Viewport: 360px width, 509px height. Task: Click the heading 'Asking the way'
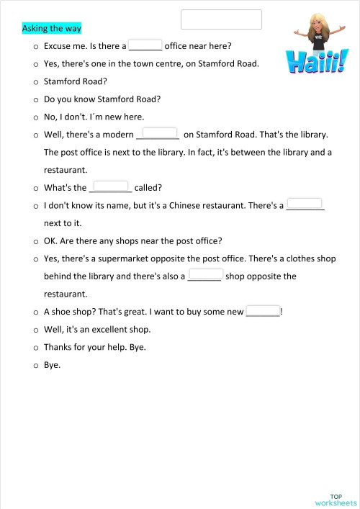(x=52, y=29)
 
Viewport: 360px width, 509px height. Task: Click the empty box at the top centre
(x=221, y=19)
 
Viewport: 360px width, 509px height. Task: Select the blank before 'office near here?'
(x=145, y=45)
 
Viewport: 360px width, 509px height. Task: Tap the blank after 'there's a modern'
(x=160, y=132)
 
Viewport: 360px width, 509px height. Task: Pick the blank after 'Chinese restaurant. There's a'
(x=305, y=204)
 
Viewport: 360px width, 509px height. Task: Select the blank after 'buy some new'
(x=263, y=310)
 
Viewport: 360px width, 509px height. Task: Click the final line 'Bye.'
(x=53, y=365)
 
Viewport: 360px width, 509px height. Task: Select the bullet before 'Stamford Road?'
(x=35, y=82)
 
